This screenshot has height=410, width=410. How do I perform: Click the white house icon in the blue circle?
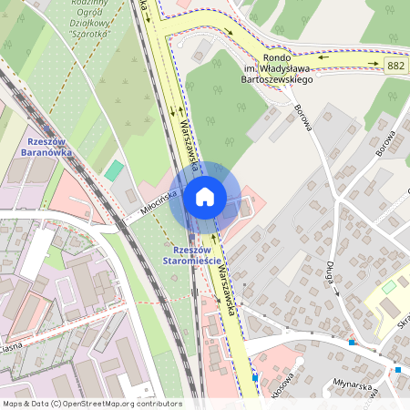click(205, 196)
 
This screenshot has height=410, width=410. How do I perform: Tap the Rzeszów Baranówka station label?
click(45, 147)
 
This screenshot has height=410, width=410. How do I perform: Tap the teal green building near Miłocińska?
click(114, 170)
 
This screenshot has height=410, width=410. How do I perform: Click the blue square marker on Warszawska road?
click(255, 376)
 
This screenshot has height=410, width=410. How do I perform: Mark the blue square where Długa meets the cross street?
click(352, 343)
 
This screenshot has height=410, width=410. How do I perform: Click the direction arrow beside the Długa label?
click(336, 293)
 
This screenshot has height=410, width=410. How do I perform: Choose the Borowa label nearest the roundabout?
click(304, 118)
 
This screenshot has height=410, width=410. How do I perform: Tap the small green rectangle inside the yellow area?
click(389, 287)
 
